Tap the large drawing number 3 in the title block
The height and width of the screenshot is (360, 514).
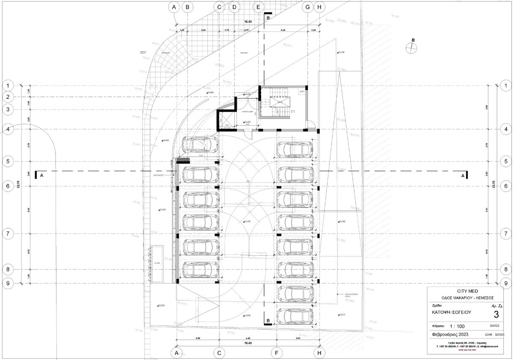[496, 315]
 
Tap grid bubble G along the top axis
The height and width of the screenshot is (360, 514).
[307, 7]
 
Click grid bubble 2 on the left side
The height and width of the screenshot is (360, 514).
[8, 97]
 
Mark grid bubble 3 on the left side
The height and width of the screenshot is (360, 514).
[8, 109]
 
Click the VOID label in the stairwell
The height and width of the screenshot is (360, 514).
[280, 103]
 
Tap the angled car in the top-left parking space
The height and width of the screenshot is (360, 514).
[201, 145]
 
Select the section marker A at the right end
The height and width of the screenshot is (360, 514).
[463, 175]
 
